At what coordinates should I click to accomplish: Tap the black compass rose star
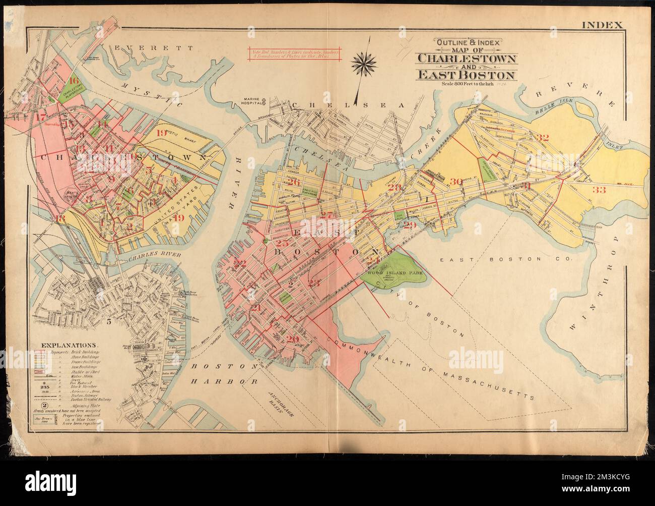pos(361,63)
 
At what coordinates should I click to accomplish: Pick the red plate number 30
pos(456,182)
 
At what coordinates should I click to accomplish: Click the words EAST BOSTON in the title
pos(465,75)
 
